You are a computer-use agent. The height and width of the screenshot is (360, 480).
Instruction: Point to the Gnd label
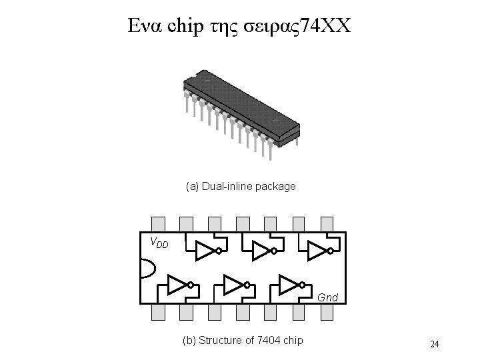coord(327,297)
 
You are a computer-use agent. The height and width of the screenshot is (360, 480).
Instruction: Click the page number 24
coord(434,344)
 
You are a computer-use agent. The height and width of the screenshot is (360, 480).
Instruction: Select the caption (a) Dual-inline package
coord(240,186)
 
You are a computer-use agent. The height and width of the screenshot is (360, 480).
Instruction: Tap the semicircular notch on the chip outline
coord(146,268)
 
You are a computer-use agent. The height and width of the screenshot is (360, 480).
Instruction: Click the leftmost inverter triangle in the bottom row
coord(177,285)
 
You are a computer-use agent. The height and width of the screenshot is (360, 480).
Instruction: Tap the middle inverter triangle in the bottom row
coord(234,285)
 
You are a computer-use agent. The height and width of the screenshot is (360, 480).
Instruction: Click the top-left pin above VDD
coord(158,223)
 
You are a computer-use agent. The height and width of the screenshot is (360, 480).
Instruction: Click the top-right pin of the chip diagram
coord(327,223)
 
